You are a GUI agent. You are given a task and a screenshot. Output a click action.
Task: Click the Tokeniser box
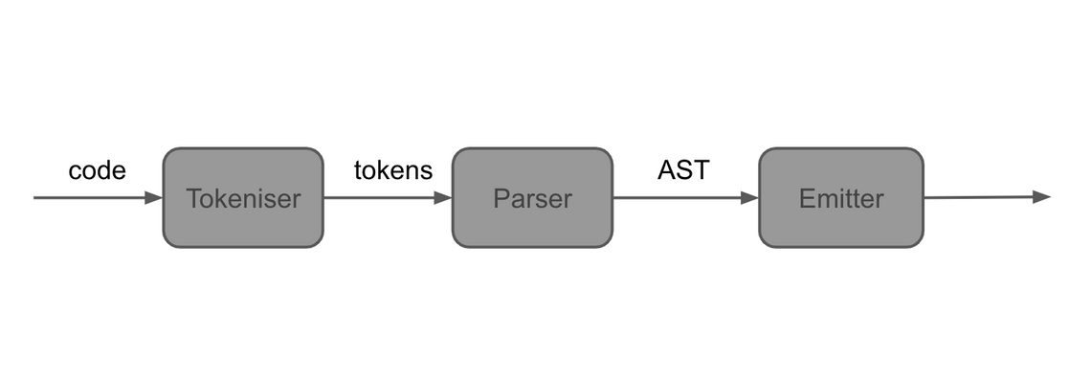pos(243,197)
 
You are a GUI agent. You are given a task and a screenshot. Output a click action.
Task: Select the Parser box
pos(532,197)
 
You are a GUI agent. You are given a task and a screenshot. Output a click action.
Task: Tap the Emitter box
pos(841,197)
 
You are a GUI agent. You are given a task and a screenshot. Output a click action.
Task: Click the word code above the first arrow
pos(98,170)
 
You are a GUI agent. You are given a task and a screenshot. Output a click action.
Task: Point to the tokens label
pos(393,170)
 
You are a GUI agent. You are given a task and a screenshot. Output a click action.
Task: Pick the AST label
pos(683,169)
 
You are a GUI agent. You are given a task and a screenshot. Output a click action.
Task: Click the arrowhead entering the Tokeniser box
pos(154,197)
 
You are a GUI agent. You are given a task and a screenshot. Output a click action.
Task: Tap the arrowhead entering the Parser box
pos(443,197)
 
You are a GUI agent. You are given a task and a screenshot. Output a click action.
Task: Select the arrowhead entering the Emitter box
pos(749,197)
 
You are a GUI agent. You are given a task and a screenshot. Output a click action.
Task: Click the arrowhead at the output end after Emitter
pos(1041,197)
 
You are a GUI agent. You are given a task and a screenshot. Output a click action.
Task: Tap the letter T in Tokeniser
pos(194,198)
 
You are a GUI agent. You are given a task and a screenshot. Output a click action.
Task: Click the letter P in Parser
pos(501,198)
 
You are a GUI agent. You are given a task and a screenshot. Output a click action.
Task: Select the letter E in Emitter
pos(807,198)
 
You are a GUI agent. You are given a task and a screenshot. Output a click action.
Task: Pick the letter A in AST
pos(668,169)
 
